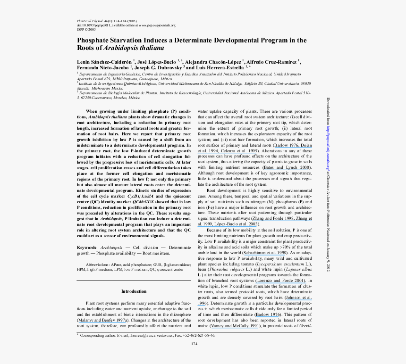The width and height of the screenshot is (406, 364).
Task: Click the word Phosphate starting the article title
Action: pyautogui.click(x=95, y=41)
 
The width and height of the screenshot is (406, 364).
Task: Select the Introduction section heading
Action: pyautogui.click(x=134, y=291)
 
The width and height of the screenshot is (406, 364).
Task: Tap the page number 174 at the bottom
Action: pyautogui.click(x=194, y=343)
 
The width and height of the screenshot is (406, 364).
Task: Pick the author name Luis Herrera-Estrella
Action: pyautogui.click(x=215, y=67)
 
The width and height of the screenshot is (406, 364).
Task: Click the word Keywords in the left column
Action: pyautogui.click(x=87, y=248)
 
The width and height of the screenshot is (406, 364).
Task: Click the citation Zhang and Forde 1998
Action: pyautogui.click(x=274, y=218)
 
